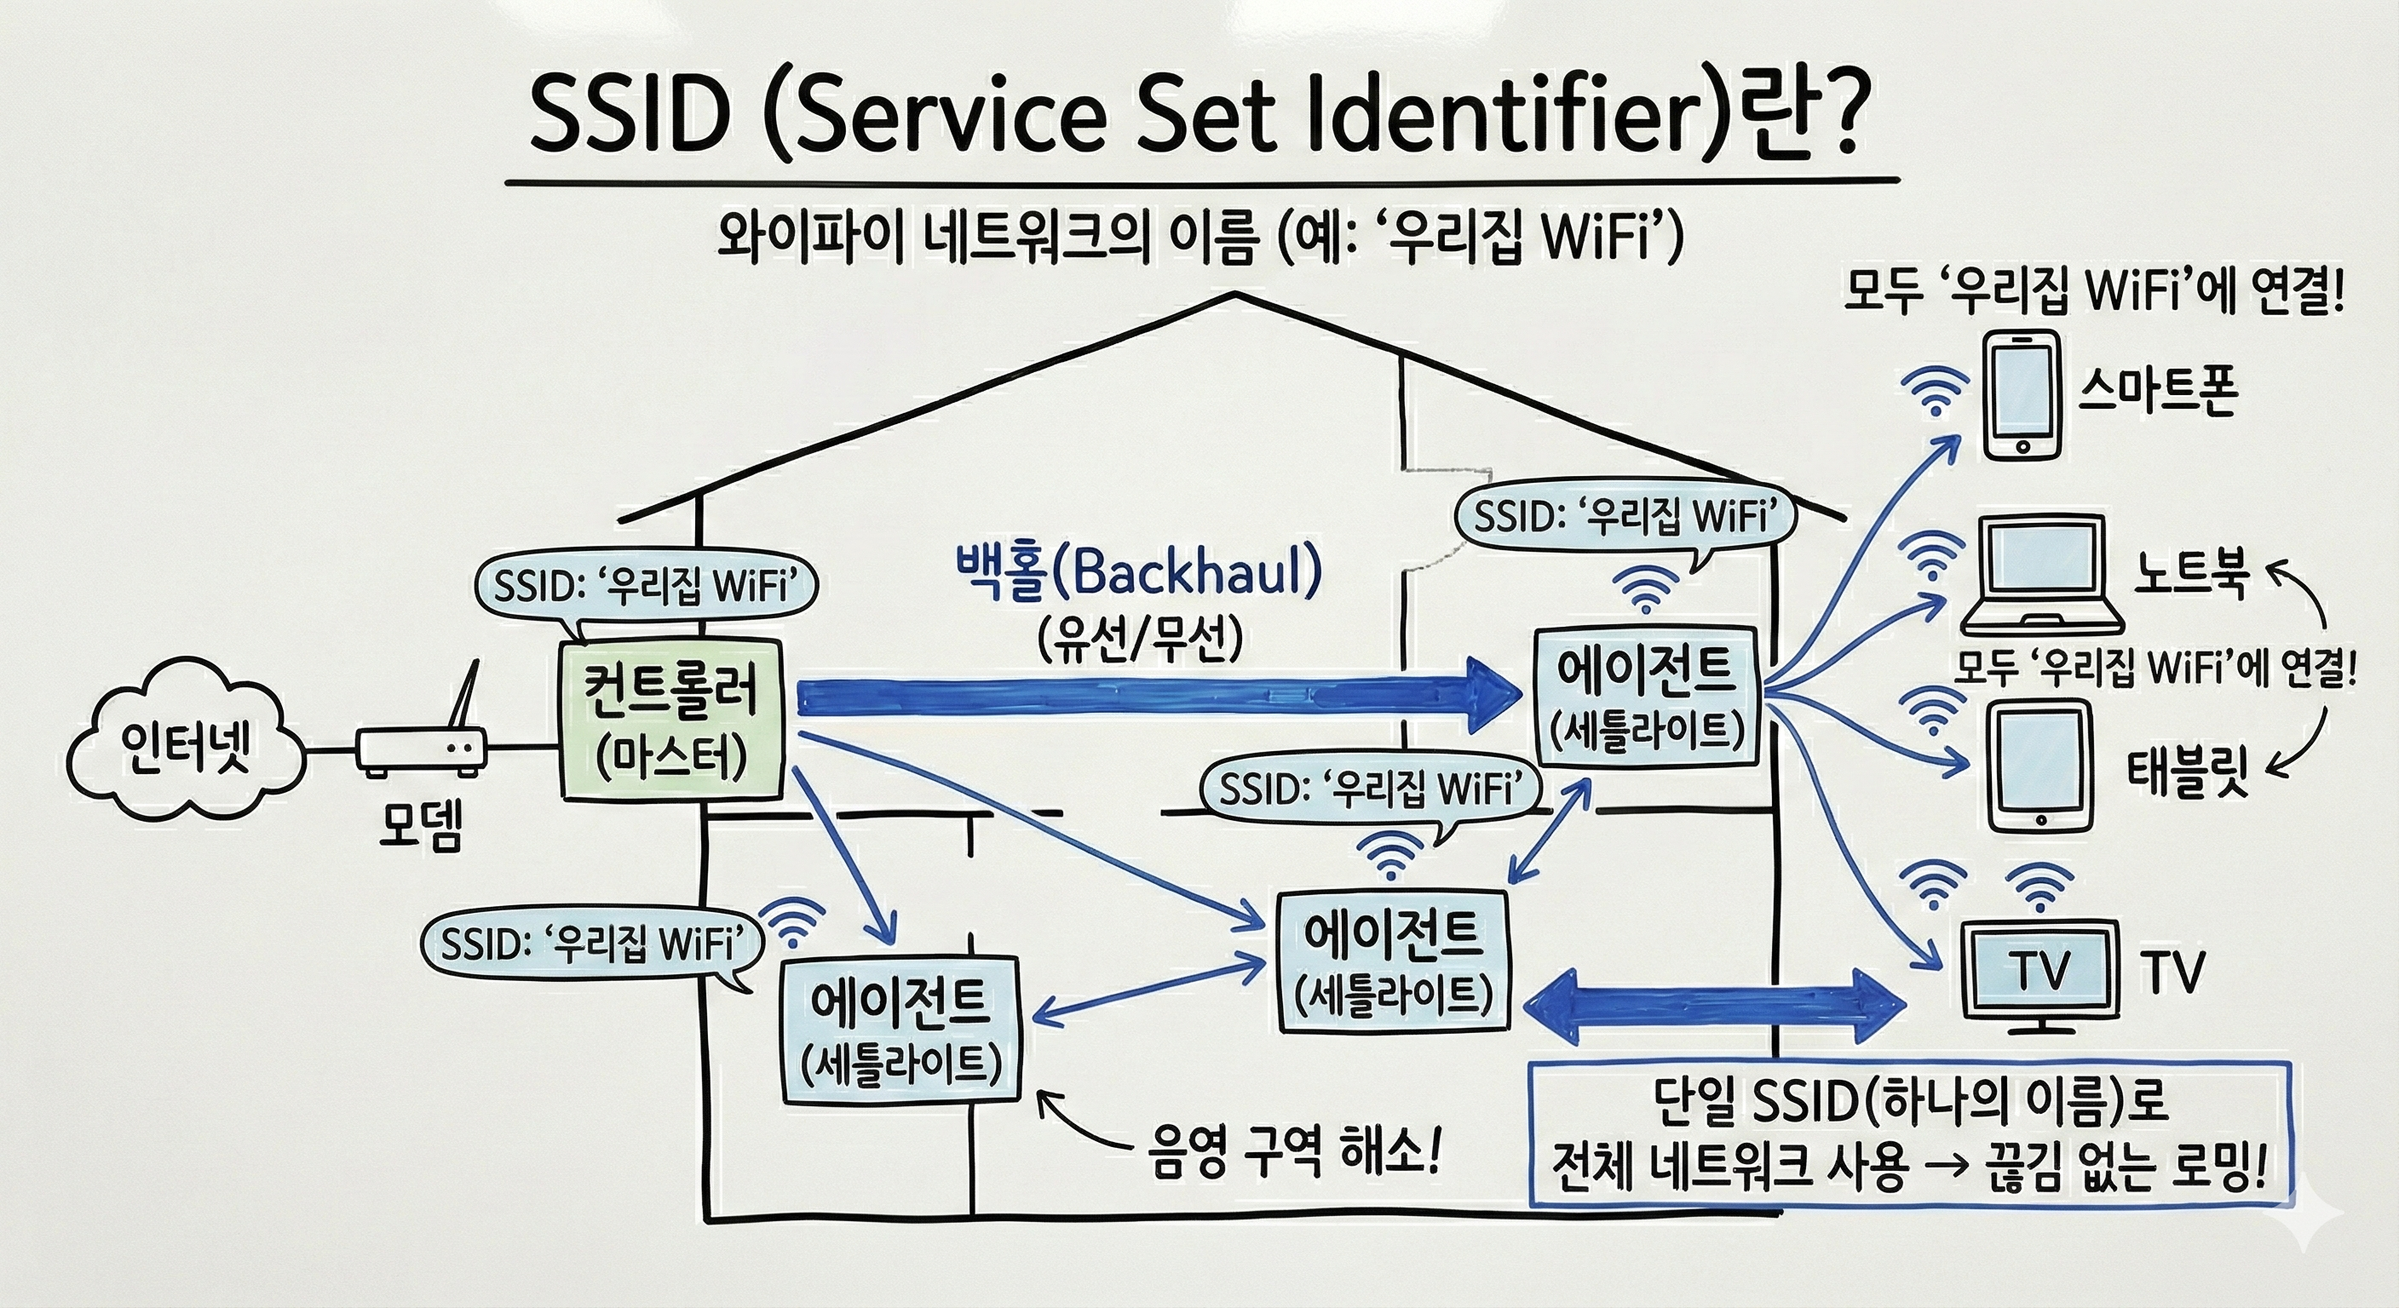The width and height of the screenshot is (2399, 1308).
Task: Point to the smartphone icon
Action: click(2021, 395)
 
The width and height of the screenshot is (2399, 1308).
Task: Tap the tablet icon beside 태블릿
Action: click(2039, 767)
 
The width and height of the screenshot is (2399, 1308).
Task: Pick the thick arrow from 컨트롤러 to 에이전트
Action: click(1155, 695)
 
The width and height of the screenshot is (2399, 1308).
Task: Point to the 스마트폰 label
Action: click(2157, 393)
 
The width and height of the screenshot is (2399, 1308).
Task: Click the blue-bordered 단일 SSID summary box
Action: click(1909, 1135)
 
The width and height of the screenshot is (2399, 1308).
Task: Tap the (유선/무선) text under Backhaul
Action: click(1139, 640)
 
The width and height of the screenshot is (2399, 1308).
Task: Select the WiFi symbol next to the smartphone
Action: click(1936, 391)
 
